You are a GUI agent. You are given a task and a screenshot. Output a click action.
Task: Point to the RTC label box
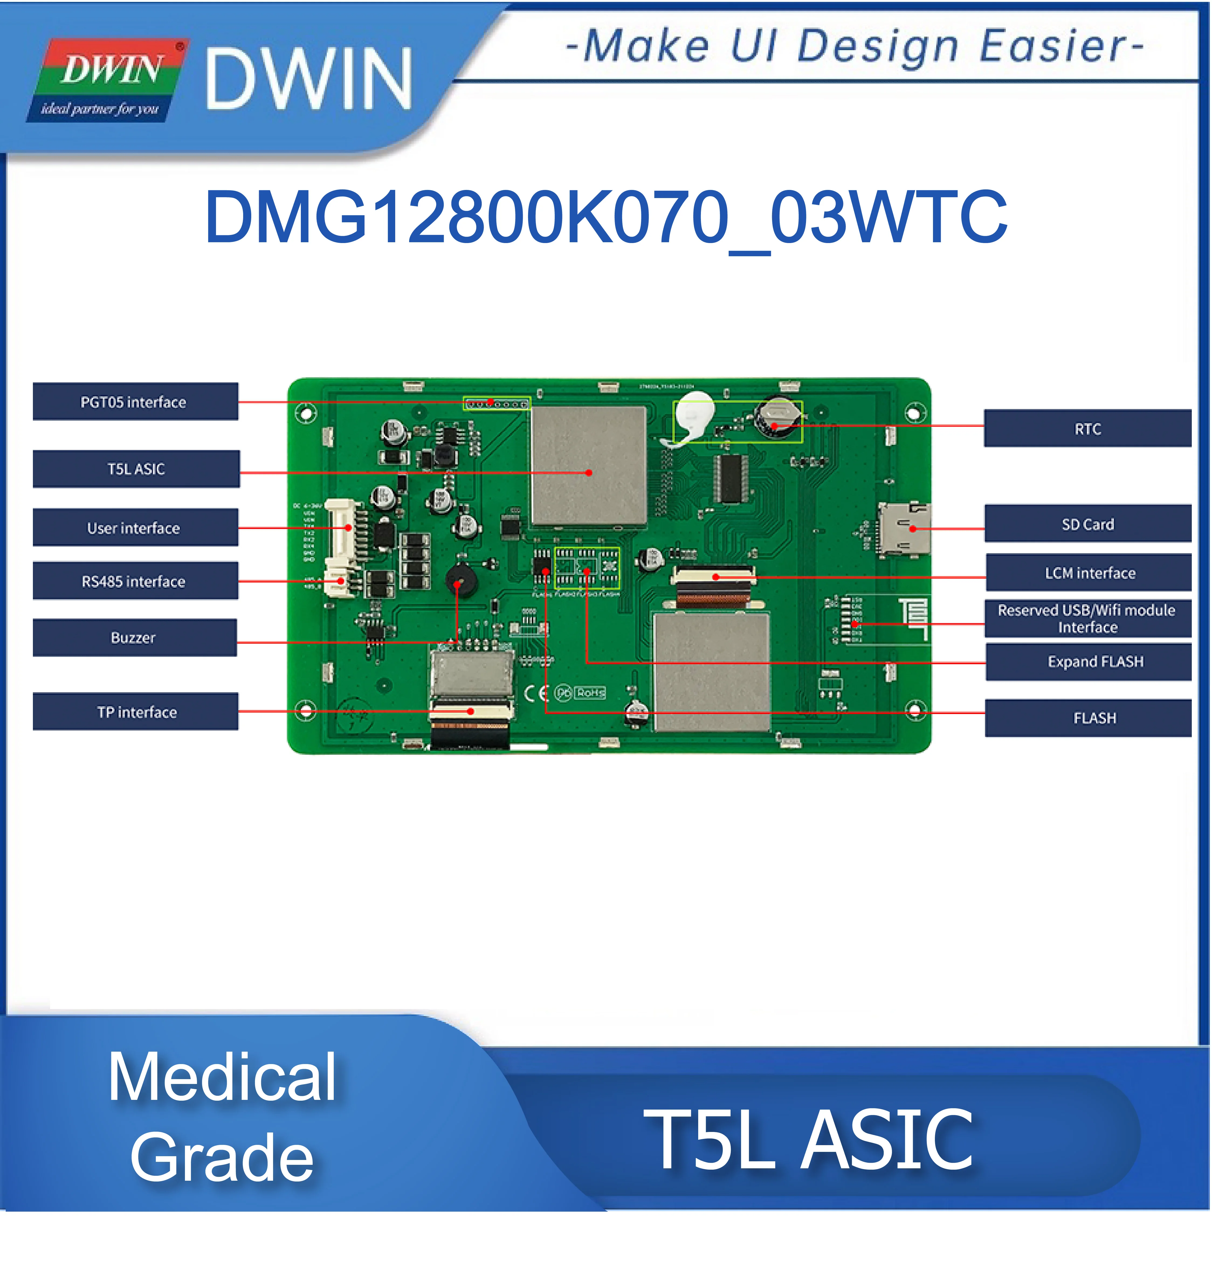(x=1087, y=428)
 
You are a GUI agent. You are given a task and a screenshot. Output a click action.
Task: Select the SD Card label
(x=1087, y=524)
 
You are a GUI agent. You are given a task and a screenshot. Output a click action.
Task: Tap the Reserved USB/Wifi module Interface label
(x=1087, y=618)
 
